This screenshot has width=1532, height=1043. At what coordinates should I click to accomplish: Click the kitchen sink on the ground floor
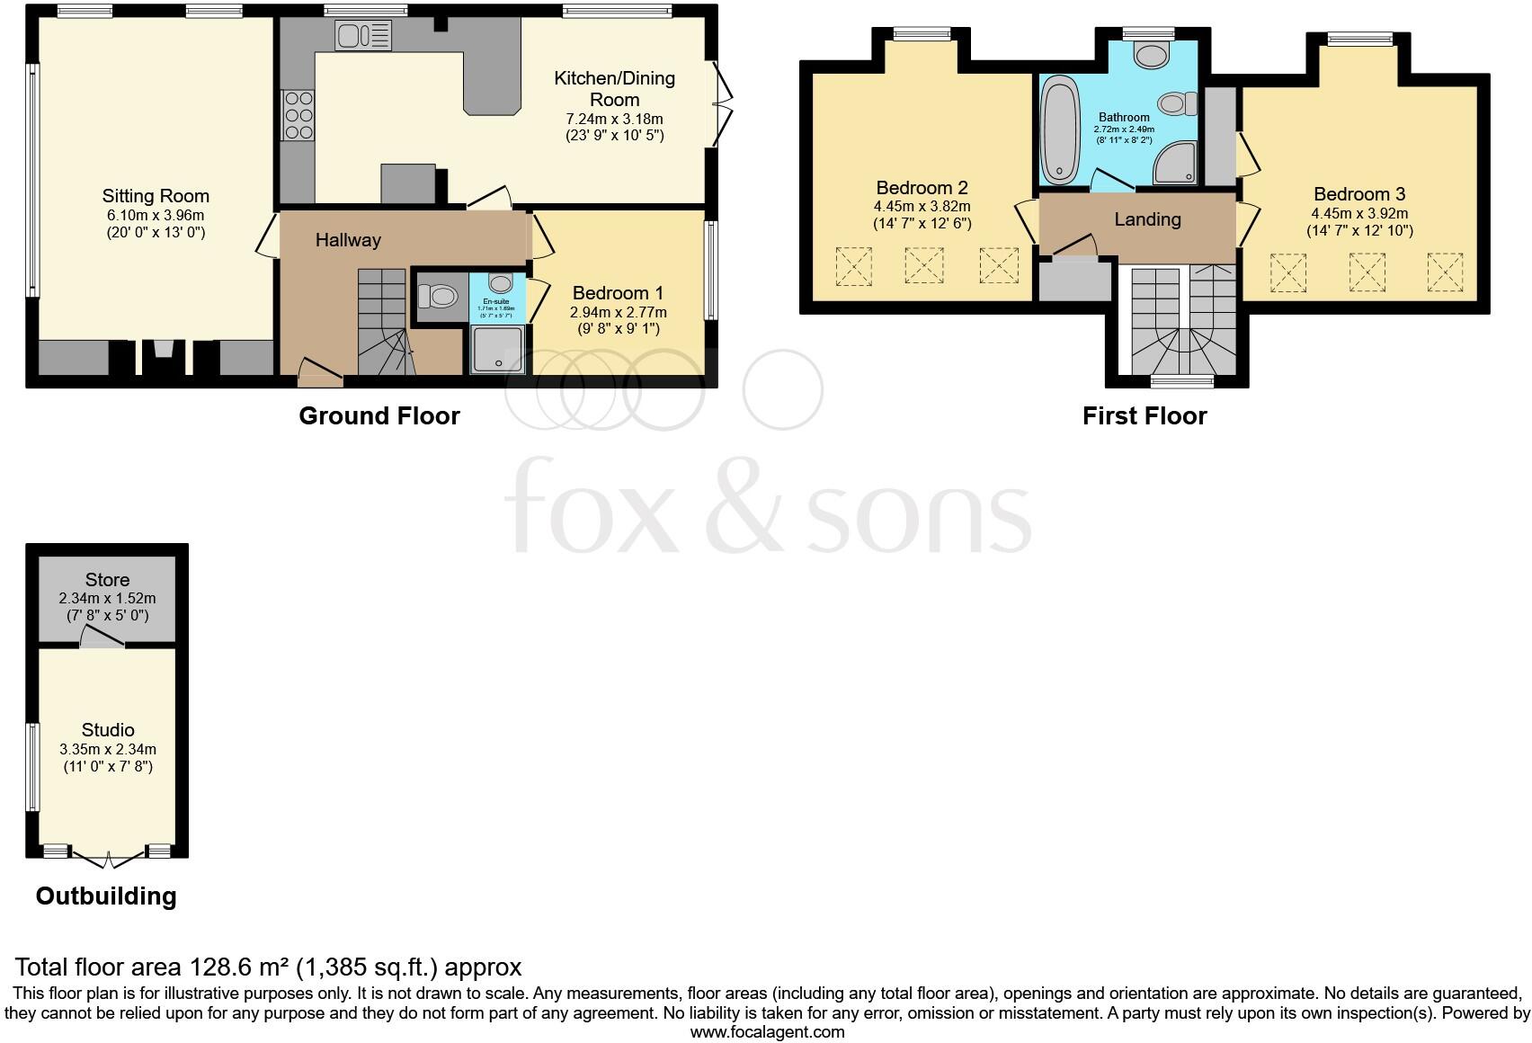coord(364,37)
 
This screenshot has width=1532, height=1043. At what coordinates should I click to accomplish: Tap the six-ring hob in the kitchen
coord(299,115)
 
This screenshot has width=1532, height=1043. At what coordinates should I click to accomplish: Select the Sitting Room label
coord(156,196)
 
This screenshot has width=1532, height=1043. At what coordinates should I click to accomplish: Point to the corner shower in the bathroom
coord(1176,163)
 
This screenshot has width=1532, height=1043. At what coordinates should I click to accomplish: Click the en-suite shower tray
coord(497,349)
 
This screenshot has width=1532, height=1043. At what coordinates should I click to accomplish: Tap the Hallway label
coord(348,240)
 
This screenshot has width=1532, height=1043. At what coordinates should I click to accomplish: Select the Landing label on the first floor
coord(1147,219)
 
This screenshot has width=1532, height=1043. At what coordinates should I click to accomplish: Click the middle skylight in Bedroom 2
coord(924,266)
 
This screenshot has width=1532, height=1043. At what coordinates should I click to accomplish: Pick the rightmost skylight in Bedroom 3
coord(1445,272)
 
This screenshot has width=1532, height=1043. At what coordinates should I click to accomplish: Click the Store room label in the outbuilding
coord(107,580)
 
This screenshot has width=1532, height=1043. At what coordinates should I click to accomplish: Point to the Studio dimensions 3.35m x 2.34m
coord(108,749)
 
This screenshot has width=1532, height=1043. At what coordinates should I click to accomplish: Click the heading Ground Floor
coord(379,416)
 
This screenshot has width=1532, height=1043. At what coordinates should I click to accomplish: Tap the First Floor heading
coord(1145,416)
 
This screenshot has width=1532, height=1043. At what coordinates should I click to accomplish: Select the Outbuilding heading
coord(106,896)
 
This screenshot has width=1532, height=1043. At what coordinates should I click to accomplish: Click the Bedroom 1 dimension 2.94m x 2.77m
coord(619,312)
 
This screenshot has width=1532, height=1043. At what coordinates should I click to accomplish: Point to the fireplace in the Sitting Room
coord(164,355)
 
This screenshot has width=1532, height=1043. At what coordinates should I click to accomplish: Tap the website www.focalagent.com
coord(767,1032)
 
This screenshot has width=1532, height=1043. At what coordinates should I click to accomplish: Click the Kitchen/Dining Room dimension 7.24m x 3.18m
coord(615,119)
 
